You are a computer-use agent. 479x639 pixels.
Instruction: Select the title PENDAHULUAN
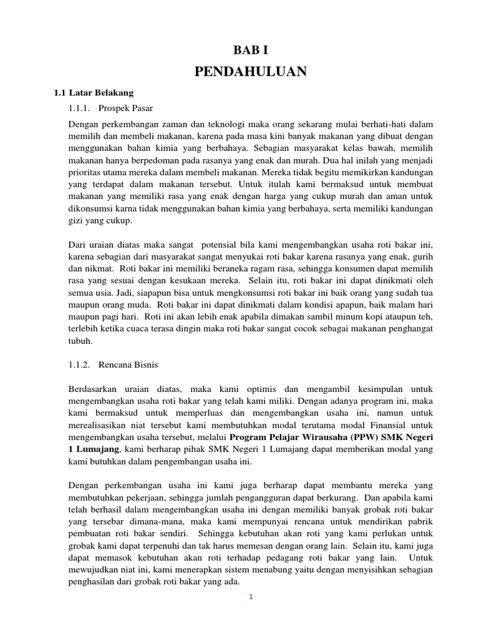[x=251, y=72]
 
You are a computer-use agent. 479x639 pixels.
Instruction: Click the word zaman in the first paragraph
[x=155, y=125]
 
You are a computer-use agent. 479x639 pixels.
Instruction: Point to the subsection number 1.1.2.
[x=80, y=363]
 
